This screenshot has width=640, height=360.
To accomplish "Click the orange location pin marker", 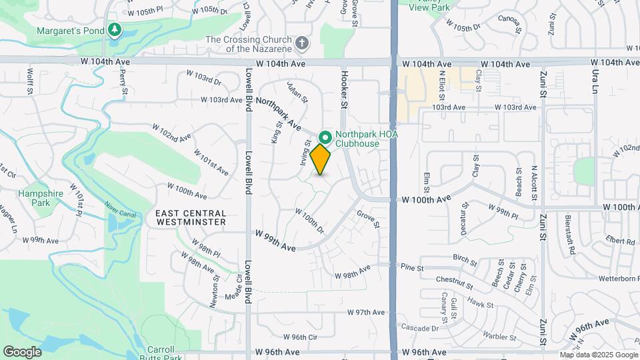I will point(321,160).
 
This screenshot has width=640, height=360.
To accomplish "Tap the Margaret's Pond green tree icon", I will point(115,30).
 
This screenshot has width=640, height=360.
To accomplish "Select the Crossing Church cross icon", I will point(302,44).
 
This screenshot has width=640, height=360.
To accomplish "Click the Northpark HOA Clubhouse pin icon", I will point(325,138).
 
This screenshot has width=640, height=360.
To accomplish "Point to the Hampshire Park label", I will point(35,198).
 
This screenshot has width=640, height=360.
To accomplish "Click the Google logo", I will point(22,351).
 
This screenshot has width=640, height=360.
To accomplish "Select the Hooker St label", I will point(345,90).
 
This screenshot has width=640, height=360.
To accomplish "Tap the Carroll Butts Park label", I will point(160,353).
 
